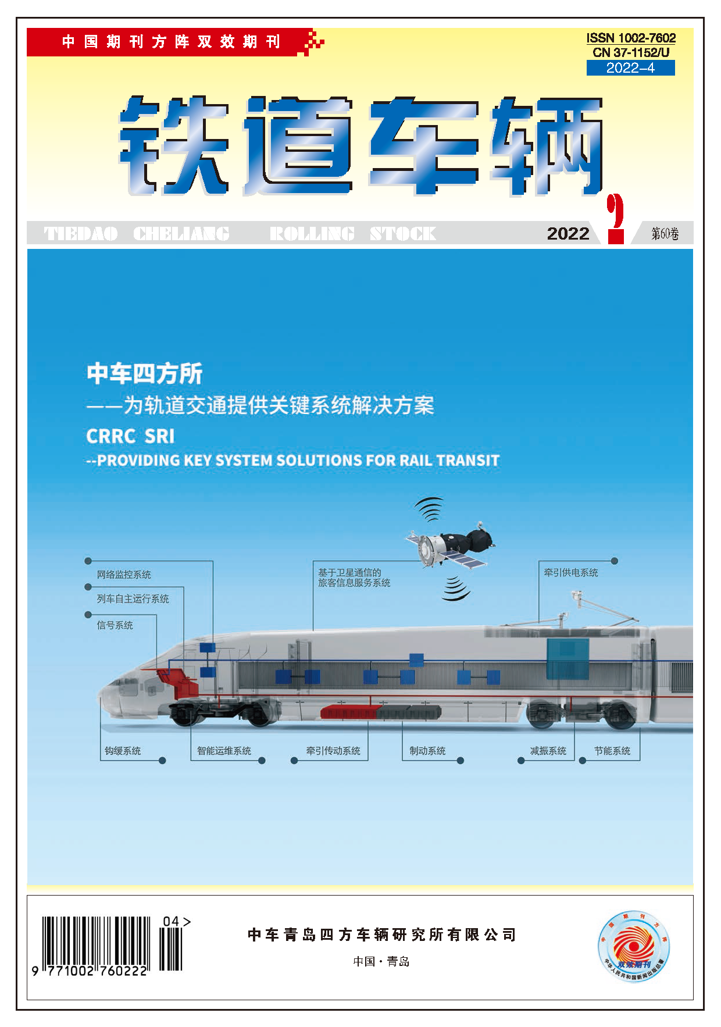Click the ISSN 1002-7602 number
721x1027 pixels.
(x=631, y=38)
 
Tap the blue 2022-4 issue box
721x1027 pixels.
(x=630, y=68)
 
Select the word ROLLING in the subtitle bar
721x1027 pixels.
(x=312, y=234)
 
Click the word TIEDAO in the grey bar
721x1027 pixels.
(x=81, y=234)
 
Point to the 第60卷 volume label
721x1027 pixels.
(x=665, y=234)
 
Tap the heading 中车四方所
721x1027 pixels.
(x=144, y=373)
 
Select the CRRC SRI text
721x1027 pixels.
(x=130, y=436)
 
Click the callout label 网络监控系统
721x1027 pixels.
(x=124, y=575)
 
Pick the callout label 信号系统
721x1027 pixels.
(x=115, y=625)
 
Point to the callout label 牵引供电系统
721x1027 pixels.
(x=570, y=573)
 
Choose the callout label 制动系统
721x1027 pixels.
(x=427, y=751)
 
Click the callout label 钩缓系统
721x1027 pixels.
(x=123, y=751)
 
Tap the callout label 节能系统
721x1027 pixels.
(x=612, y=751)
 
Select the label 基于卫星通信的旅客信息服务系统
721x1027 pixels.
(x=354, y=578)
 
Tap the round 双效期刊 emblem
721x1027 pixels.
(x=634, y=946)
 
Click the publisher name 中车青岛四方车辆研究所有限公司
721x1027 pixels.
(x=381, y=935)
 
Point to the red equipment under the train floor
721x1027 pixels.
(x=349, y=712)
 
